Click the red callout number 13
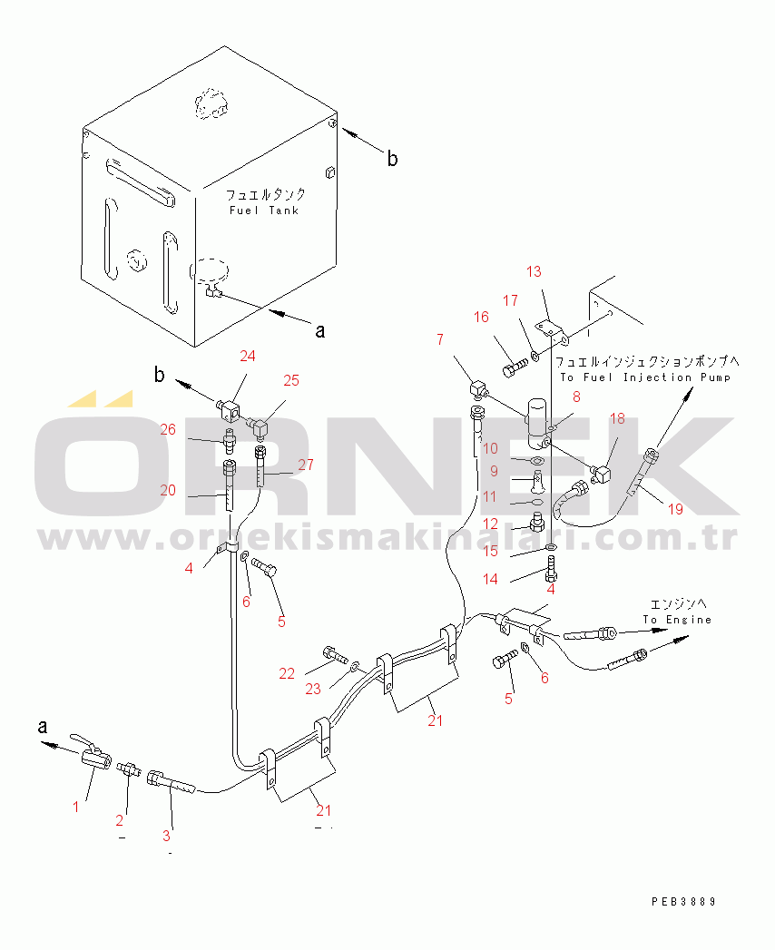tap(534, 271)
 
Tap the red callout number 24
tap(247, 356)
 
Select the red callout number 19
tap(675, 509)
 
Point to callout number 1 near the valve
tap(75, 807)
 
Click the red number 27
tap(306, 465)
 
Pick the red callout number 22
tap(287, 673)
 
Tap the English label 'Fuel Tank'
tap(264, 211)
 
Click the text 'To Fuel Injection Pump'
tap(645, 377)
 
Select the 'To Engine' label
tap(677, 620)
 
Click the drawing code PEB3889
tap(684, 902)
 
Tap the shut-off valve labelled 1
tap(91, 754)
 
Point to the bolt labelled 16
tap(514, 367)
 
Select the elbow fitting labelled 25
tap(259, 427)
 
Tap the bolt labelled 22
tap(336, 655)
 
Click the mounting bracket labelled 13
tap(552, 332)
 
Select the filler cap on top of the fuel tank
tap(211, 103)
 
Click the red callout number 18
tap(617, 418)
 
